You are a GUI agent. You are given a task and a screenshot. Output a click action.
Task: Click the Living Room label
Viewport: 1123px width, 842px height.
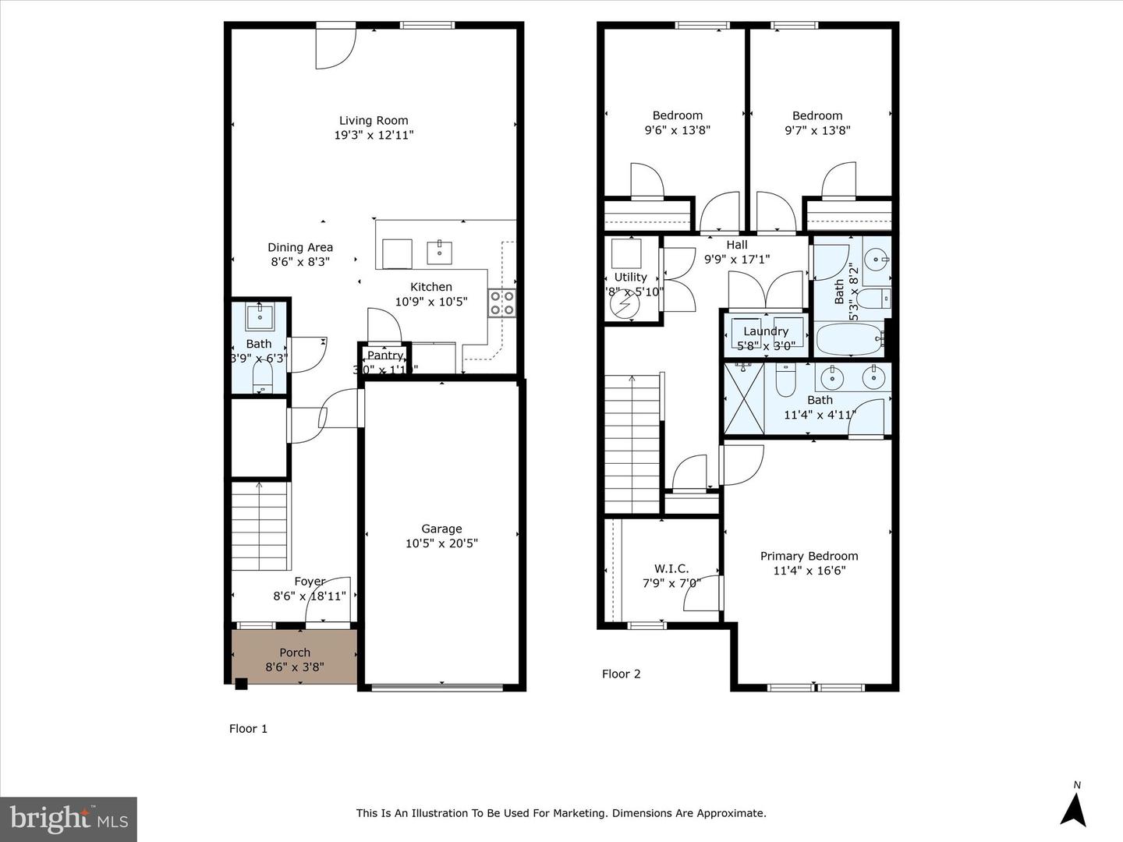click(374, 120)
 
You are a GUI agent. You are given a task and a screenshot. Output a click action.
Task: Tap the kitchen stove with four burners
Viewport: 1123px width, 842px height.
click(501, 302)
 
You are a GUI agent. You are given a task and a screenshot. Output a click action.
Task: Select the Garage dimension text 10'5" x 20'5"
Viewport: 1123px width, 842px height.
click(441, 543)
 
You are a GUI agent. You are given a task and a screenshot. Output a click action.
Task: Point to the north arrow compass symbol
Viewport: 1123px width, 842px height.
click(1074, 806)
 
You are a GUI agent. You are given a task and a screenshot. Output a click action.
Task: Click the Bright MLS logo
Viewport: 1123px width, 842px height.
click(69, 819)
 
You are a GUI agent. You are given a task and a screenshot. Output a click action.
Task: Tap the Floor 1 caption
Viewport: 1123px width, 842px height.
click(248, 728)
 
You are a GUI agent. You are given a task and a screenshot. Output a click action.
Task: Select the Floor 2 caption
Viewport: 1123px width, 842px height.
click(621, 674)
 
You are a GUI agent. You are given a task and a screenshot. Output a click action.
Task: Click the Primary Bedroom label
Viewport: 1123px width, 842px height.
click(809, 556)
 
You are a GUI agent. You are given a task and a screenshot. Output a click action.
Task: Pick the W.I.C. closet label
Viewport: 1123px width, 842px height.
click(671, 568)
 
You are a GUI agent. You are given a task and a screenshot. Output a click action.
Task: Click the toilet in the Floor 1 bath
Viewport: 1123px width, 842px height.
click(262, 378)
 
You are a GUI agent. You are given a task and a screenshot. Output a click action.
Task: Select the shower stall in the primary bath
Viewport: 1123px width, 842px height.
click(743, 398)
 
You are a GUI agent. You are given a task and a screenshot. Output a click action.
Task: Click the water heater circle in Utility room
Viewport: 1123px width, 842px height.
click(624, 306)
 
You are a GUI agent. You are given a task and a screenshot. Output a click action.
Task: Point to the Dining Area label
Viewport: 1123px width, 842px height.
click(300, 247)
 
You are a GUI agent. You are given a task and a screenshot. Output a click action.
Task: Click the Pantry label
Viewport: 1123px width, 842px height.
click(384, 356)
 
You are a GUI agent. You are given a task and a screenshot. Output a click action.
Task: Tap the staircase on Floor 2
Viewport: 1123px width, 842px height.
click(632, 444)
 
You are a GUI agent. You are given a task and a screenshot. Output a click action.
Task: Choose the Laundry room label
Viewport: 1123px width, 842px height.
click(766, 331)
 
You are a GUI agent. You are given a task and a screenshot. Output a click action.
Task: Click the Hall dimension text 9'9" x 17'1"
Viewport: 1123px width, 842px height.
click(737, 259)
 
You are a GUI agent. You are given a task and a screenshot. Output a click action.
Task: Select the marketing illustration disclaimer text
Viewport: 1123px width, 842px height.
click(561, 813)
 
